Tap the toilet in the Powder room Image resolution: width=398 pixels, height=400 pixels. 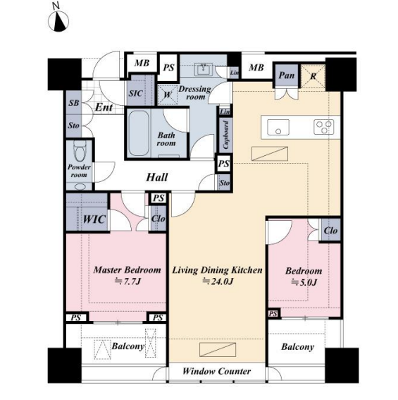[80, 151]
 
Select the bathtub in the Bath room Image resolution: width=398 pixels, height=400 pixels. [138, 133]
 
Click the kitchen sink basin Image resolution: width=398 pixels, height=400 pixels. [278, 127]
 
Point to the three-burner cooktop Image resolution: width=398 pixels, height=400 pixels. [323, 127]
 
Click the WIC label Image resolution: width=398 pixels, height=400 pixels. [94, 219]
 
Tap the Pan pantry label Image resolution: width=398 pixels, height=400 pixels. [287, 75]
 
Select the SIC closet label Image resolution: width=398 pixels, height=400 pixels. [135, 93]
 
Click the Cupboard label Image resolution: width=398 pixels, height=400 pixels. [225, 135]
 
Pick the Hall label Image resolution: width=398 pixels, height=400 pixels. [156, 177]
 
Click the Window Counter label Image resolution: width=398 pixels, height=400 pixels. [217, 371]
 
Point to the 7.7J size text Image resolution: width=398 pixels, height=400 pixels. [128, 281]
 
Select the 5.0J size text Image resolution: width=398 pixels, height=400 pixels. [304, 282]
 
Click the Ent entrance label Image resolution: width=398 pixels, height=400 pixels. [104, 107]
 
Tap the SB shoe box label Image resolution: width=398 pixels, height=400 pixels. [74, 103]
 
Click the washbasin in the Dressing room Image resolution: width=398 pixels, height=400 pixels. [203, 69]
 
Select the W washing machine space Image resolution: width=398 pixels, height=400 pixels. [168, 95]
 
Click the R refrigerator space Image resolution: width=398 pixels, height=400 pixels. [313, 76]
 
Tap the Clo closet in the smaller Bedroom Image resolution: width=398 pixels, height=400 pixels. [331, 231]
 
